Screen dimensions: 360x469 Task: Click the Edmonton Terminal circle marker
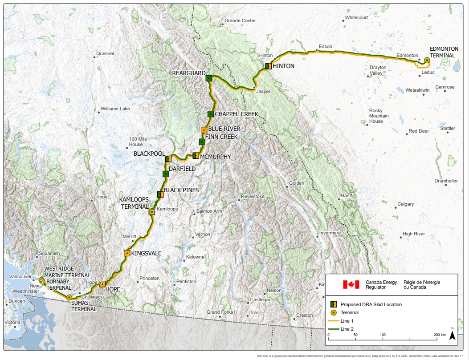(x=427, y=60)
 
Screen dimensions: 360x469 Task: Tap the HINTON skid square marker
(x=268, y=66)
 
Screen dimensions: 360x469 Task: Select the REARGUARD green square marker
(x=208, y=78)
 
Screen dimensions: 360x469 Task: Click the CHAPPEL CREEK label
(x=237, y=114)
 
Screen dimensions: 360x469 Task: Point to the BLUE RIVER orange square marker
(x=204, y=130)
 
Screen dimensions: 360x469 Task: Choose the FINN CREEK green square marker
(x=202, y=142)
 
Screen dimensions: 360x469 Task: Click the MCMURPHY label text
(x=216, y=157)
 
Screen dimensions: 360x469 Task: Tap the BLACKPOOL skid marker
(x=168, y=158)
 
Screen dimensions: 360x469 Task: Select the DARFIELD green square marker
(x=165, y=174)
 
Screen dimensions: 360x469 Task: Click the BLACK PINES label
(x=181, y=190)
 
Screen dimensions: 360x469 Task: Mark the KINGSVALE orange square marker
(x=127, y=253)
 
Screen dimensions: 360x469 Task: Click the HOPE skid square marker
(x=102, y=284)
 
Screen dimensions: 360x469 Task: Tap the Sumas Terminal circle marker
(x=69, y=297)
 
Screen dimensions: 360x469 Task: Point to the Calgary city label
(x=405, y=204)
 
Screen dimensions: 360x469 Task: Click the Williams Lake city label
(x=115, y=109)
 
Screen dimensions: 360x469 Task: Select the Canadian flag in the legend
(x=351, y=284)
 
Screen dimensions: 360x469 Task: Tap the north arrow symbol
(x=452, y=336)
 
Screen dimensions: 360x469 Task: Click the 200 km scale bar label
(x=439, y=335)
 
